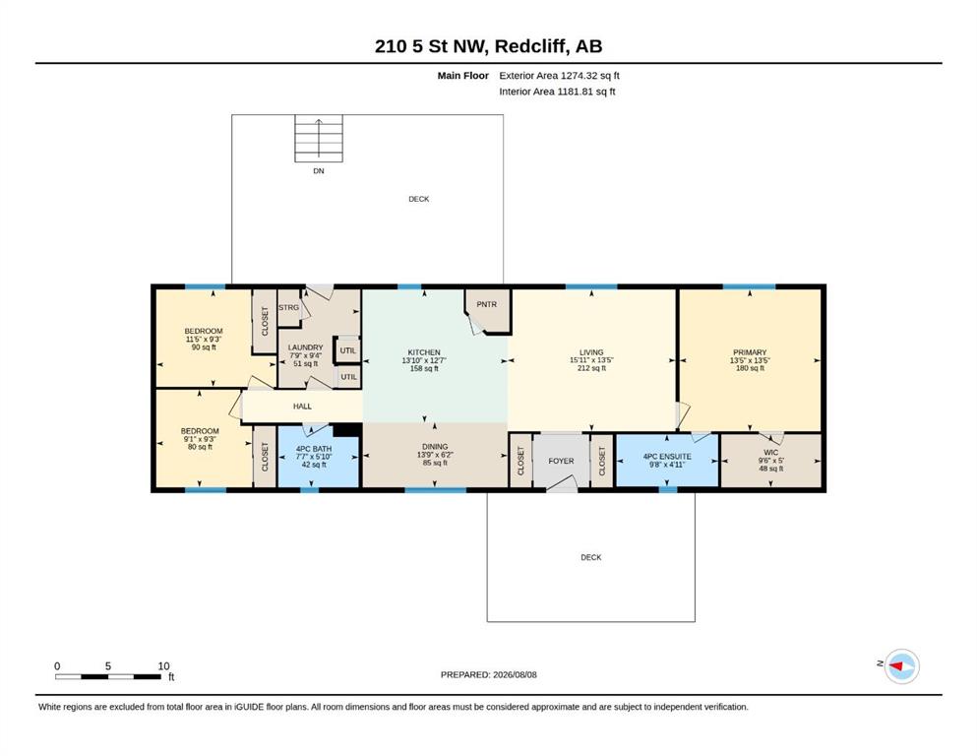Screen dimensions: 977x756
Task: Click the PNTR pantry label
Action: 487,304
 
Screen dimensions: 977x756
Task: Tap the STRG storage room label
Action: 288,307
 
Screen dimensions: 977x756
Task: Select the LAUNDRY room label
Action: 305,347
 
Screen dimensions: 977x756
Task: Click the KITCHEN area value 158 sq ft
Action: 424,368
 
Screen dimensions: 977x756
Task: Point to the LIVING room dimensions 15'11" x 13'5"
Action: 591,360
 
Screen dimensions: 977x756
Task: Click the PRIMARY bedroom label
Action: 750,352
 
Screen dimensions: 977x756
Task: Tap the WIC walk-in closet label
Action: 770,453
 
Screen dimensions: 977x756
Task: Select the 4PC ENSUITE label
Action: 667,456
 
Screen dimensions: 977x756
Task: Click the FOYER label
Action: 561,461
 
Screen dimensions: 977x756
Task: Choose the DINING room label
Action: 435,446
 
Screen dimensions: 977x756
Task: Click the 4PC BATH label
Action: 314,449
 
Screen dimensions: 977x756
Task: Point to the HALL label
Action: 302,407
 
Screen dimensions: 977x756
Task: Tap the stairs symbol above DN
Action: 319,139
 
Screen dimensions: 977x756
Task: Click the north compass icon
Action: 901,666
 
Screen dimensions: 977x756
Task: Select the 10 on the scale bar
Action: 163,665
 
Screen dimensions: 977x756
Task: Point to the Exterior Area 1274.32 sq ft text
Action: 559,76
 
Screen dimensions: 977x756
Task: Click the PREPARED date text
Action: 488,674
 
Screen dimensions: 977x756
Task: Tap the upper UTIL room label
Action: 347,350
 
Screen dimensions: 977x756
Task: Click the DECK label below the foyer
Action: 590,557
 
